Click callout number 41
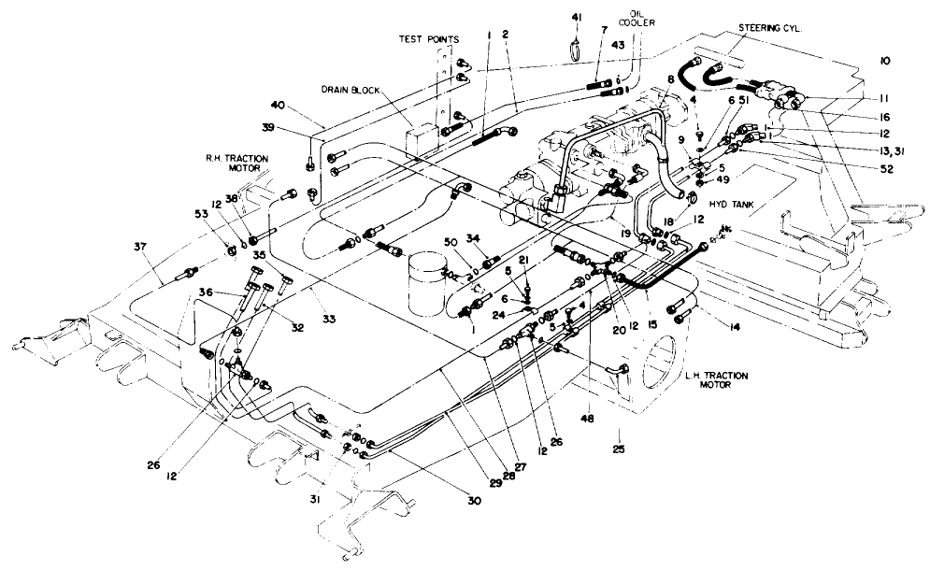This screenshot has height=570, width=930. [575, 17]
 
